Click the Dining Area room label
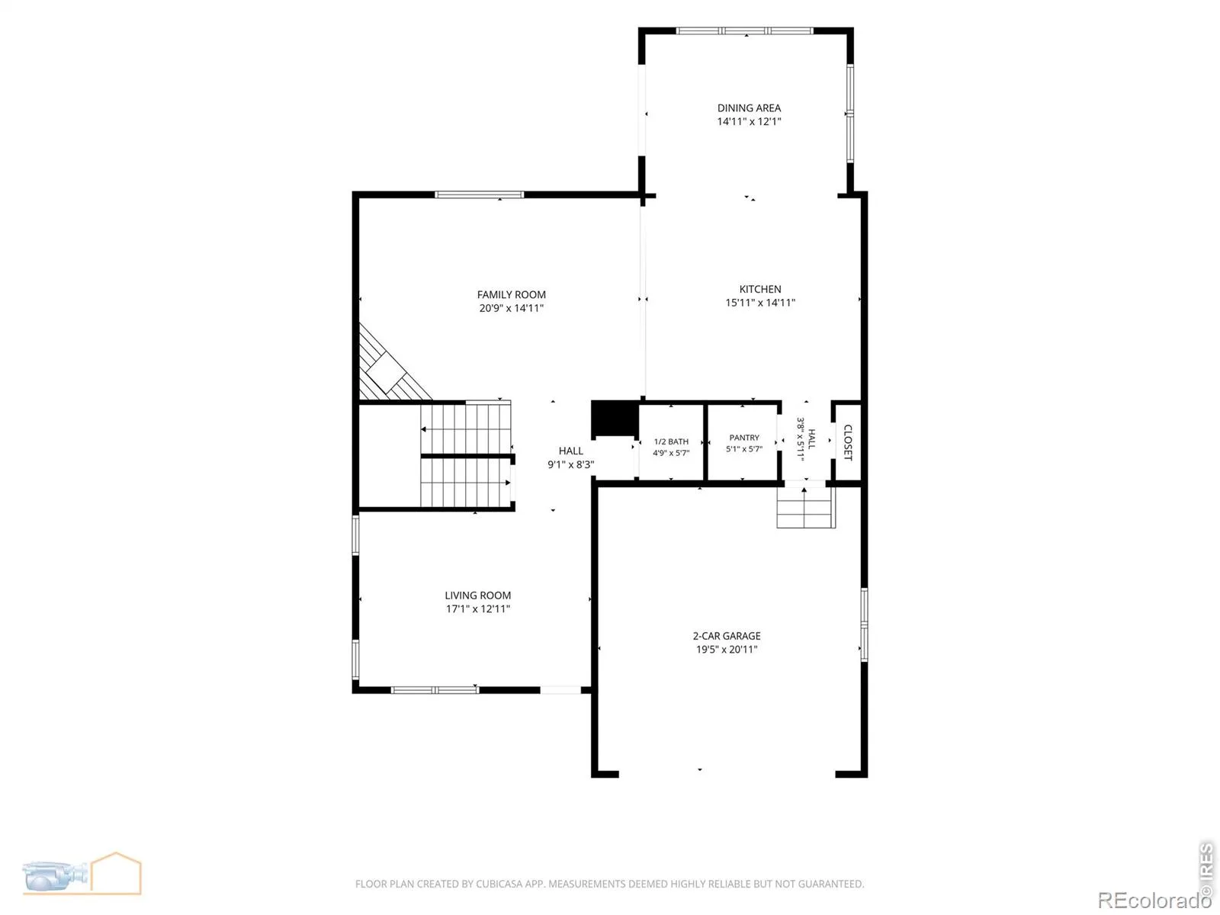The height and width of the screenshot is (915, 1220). point(749,108)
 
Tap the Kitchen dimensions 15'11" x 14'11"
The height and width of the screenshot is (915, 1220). point(759,303)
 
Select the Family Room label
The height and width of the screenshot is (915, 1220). point(512,295)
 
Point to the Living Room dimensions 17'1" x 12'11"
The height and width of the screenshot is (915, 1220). point(477,609)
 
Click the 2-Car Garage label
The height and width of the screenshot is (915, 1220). point(727,636)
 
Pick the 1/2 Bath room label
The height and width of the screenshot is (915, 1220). point(671,441)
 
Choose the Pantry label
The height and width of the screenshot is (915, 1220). point(744,438)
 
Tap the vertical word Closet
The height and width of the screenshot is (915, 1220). point(848,443)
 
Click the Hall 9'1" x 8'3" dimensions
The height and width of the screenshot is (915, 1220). point(571,464)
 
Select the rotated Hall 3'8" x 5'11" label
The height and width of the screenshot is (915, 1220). point(806,439)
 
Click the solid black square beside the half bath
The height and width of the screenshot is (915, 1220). point(614,419)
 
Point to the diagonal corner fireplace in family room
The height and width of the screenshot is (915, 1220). point(392,364)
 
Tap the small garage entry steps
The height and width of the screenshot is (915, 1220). point(806,507)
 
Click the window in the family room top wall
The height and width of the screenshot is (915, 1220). point(479,195)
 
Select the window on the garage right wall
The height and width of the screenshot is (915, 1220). point(864,625)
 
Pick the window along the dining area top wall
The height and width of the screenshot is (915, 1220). point(745,31)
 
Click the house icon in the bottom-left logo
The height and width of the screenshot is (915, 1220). point(116,873)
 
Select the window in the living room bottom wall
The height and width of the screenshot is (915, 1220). point(435,690)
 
